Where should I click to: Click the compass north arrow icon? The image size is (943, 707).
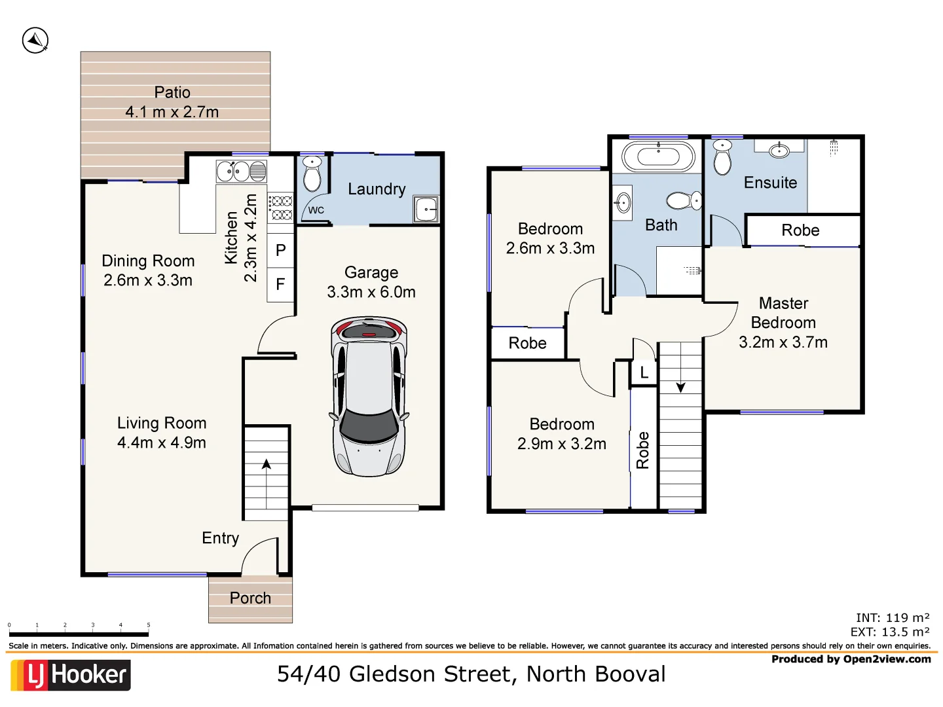[35, 41]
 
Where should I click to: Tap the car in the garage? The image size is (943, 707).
[369, 397]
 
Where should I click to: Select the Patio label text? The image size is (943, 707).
[172, 92]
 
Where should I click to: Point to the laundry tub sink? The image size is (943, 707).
[426, 209]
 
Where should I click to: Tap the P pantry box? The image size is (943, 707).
[281, 250]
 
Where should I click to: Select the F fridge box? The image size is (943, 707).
[281, 284]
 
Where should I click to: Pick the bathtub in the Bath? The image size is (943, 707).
[658, 156]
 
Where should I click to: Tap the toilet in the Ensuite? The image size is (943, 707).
[722, 157]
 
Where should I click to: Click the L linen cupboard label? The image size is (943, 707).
[644, 373]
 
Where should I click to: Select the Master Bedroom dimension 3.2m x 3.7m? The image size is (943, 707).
[783, 342]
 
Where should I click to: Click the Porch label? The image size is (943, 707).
[250, 598]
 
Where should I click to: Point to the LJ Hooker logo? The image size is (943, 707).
[71, 675]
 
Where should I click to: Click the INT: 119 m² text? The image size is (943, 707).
[892, 617]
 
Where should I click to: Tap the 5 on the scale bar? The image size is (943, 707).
[149, 625]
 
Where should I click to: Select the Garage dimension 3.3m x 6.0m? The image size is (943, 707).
[371, 292]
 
